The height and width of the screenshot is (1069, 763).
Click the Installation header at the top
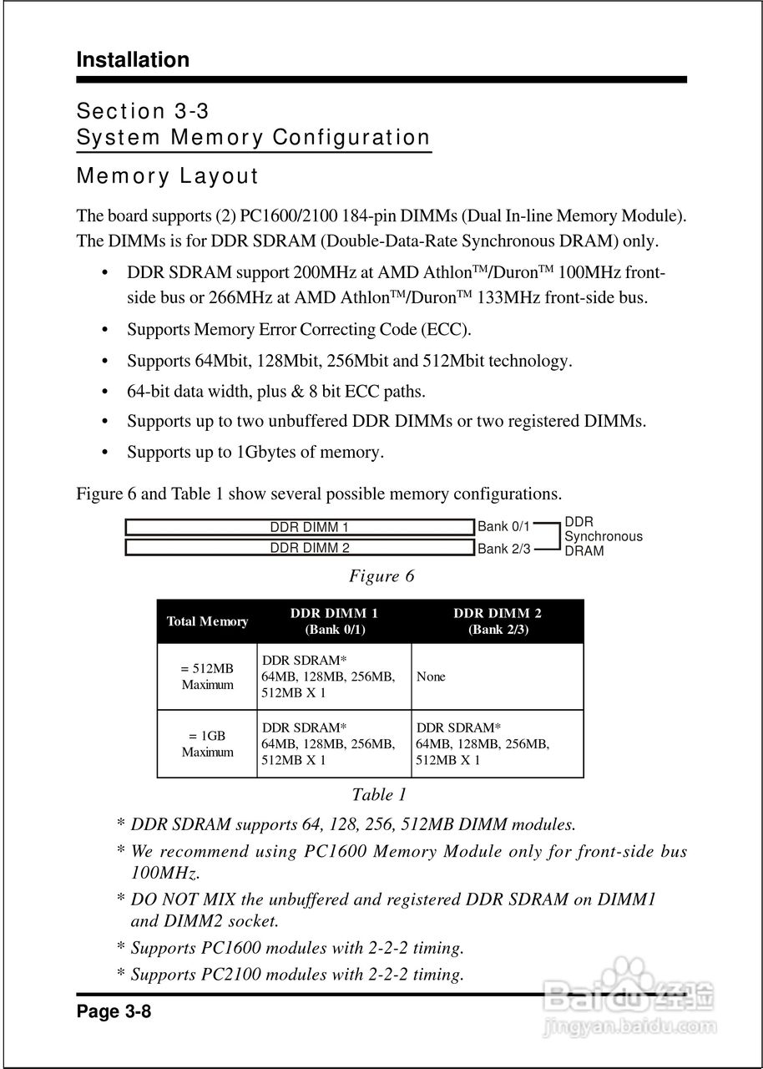coord(133,60)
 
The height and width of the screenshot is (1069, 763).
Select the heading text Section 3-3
coord(148,111)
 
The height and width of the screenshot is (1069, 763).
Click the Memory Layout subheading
coord(168,176)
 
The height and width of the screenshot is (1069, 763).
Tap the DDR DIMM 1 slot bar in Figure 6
coord(299,527)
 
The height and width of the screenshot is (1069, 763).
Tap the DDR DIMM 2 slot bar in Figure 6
coord(299,548)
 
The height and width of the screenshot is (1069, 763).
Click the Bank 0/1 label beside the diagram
coord(503,527)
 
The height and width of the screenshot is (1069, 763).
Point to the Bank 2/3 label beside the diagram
coord(503,549)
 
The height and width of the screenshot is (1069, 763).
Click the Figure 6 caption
coord(381,576)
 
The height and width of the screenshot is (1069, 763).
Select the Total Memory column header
coord(207,621)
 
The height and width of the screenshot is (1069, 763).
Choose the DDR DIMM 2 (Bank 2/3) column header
coord(498,621)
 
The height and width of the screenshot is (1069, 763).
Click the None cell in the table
coord(431,676)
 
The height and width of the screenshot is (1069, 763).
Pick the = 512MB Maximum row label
coord(207,676)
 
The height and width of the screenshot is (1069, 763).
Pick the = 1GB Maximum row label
coord(207,744)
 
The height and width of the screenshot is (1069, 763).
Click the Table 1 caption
coord(379,794)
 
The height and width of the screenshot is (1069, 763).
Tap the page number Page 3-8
coord(114,1012)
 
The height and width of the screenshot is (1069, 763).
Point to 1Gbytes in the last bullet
coord(266,453)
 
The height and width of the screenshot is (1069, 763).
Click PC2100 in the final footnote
coord(229,974)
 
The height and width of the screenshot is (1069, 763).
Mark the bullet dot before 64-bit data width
coord(105,392)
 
